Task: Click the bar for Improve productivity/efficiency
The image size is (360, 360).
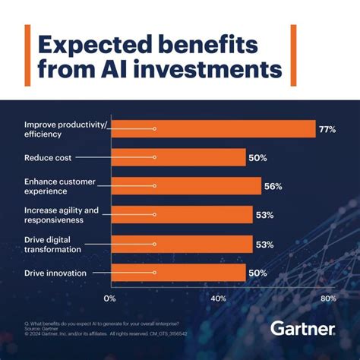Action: [x=213, y=130]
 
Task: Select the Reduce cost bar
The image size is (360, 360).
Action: [x=178, y=157]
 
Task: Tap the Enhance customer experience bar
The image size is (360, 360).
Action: [x=186, y=186]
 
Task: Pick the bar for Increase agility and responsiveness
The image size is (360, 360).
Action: [x=182, y=215]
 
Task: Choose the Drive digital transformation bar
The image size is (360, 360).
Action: [x=182, y=244]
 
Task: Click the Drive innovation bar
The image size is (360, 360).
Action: [x=178, y=272]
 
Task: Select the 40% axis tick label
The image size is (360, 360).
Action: [x=219, y=298]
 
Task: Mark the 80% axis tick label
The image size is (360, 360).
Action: [x=328, y=298]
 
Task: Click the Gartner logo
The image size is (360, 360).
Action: [x=302, y=329]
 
